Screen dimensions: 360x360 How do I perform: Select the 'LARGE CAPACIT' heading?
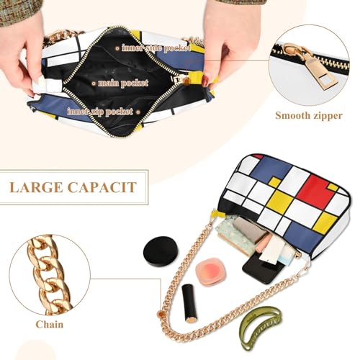[x=73, y=188]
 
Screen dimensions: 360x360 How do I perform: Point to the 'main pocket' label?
[x=119, y=83]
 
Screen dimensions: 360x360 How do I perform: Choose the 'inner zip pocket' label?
[x=101, y=112]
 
